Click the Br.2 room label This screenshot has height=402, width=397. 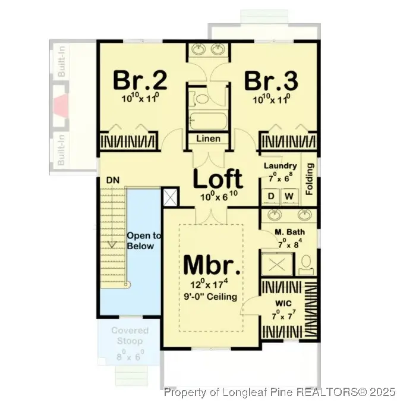click(140, 79)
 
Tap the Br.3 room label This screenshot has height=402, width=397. click(272, 79)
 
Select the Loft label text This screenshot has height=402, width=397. click(218, 178)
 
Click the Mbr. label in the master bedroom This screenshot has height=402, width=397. click(212, 265)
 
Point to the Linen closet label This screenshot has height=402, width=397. click(208, 139)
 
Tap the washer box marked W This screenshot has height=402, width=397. click(290, 196)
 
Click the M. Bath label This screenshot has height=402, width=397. click(289, 233)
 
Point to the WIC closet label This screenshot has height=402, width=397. click(282, 303)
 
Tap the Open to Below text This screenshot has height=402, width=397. click(140, 241)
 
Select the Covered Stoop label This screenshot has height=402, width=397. click(130, 336)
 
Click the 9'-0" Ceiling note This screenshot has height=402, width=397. click(212, 297)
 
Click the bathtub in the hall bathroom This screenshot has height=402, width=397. click(207, 121)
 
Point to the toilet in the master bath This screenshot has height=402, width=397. click(307, 262)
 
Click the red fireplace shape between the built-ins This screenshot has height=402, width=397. click(62, 107)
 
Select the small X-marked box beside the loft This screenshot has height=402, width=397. click(170, 196)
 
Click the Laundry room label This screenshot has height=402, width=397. click(280, 166)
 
